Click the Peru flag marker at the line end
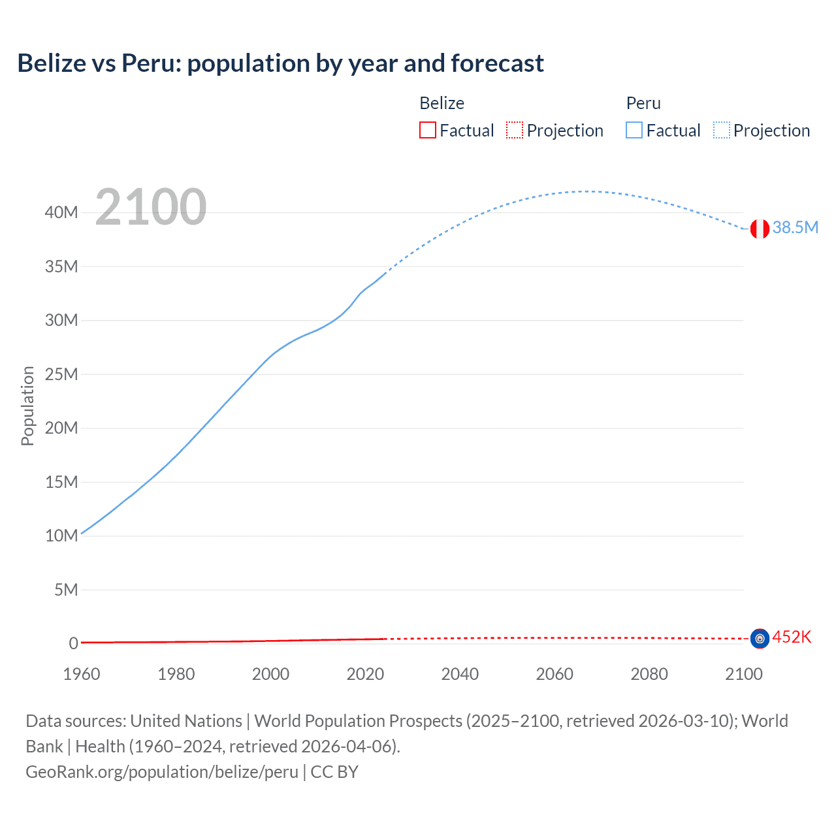tap(760, 229)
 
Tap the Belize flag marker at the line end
tap(760, 638)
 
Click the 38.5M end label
tap(795, 227)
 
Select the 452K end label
tap(792, 637)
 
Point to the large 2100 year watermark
tap(151, 207)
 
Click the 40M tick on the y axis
tap(61, 212)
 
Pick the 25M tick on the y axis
tap(61, 374)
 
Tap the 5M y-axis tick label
tap(65, 590)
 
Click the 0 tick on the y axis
tap(73, 643)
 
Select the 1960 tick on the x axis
tap(82, 674)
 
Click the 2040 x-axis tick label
tap(460, 674)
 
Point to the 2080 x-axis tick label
tap(649, 674)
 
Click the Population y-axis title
tap(27, 406)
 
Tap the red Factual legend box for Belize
tap(427, 130)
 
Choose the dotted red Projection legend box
tap(515, 130)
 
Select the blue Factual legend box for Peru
tap(634, 130)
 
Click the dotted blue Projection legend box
tap(722, 130)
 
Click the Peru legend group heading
tap(643, 103)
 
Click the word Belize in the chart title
tap(52, 63)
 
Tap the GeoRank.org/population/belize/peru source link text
tap(162, 771)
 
